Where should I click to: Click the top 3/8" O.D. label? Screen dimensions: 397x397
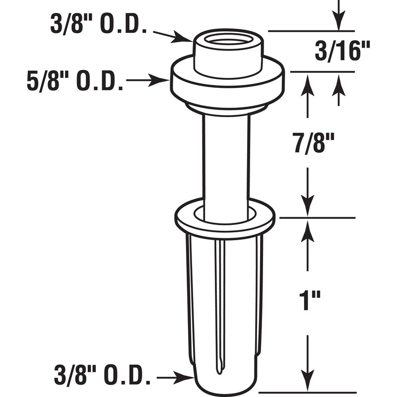(98, 25)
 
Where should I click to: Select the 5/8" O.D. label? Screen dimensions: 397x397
(75, 81)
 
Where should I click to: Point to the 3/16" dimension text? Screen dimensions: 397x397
(343, 51)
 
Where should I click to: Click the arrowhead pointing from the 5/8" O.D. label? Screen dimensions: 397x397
(164, 80)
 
